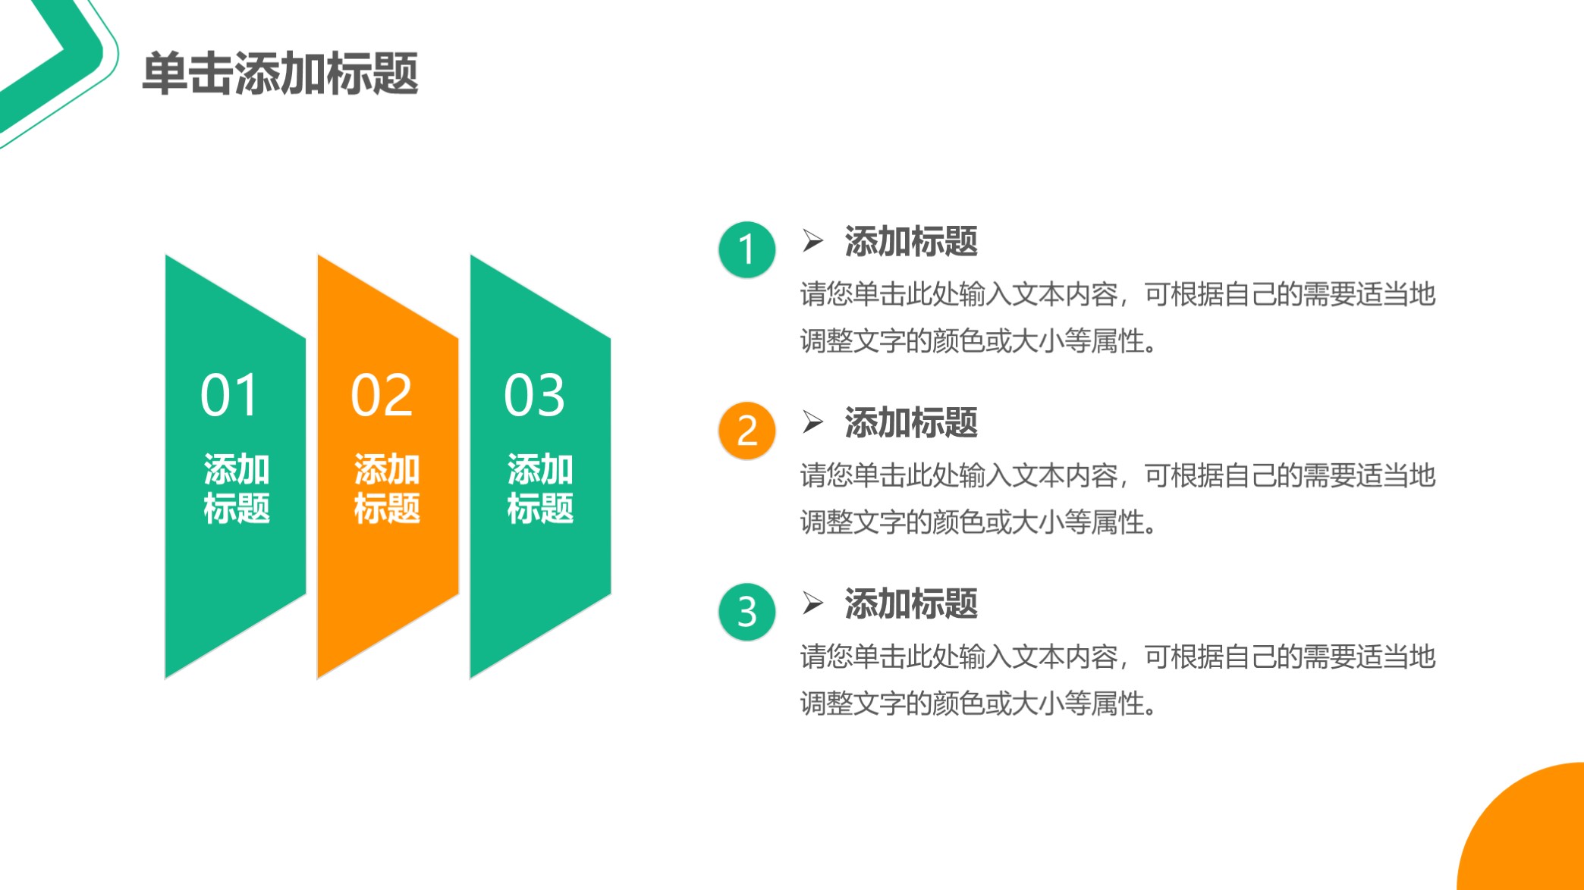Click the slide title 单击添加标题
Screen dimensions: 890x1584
pos(280,74)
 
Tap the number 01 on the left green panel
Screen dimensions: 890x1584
pos(229,396)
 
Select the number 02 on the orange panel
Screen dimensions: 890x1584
pos(382,396)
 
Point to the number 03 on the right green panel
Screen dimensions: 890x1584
pos(535,396)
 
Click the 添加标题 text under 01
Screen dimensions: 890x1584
pos(236,489)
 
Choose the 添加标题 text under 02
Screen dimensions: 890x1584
pos(387,489)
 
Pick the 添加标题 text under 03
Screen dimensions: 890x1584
pos(540,489)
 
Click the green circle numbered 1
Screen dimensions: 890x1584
pos(746,249)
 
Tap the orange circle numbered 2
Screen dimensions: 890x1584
pos(746,431)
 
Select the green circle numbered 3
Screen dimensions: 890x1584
pos(746,612)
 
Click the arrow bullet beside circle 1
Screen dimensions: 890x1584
pos(812,240)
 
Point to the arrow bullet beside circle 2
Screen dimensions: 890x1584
pos(812,421)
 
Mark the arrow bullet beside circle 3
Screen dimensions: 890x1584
pos(812,603)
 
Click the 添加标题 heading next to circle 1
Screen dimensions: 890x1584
pos(910,242)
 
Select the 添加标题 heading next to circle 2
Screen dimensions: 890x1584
pos(910,423)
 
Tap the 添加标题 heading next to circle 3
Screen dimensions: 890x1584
pos(910,604)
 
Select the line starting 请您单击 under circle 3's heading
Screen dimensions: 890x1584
pos(1117,657)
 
